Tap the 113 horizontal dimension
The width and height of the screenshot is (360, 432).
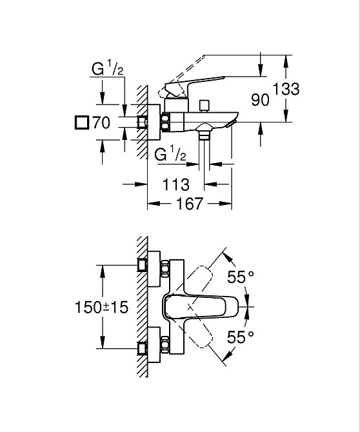coord(175,184)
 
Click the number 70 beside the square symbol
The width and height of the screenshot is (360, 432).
coord(102,123)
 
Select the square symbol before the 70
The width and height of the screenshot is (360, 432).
coord(82,123)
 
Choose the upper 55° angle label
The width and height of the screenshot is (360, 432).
coord(241,277)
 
